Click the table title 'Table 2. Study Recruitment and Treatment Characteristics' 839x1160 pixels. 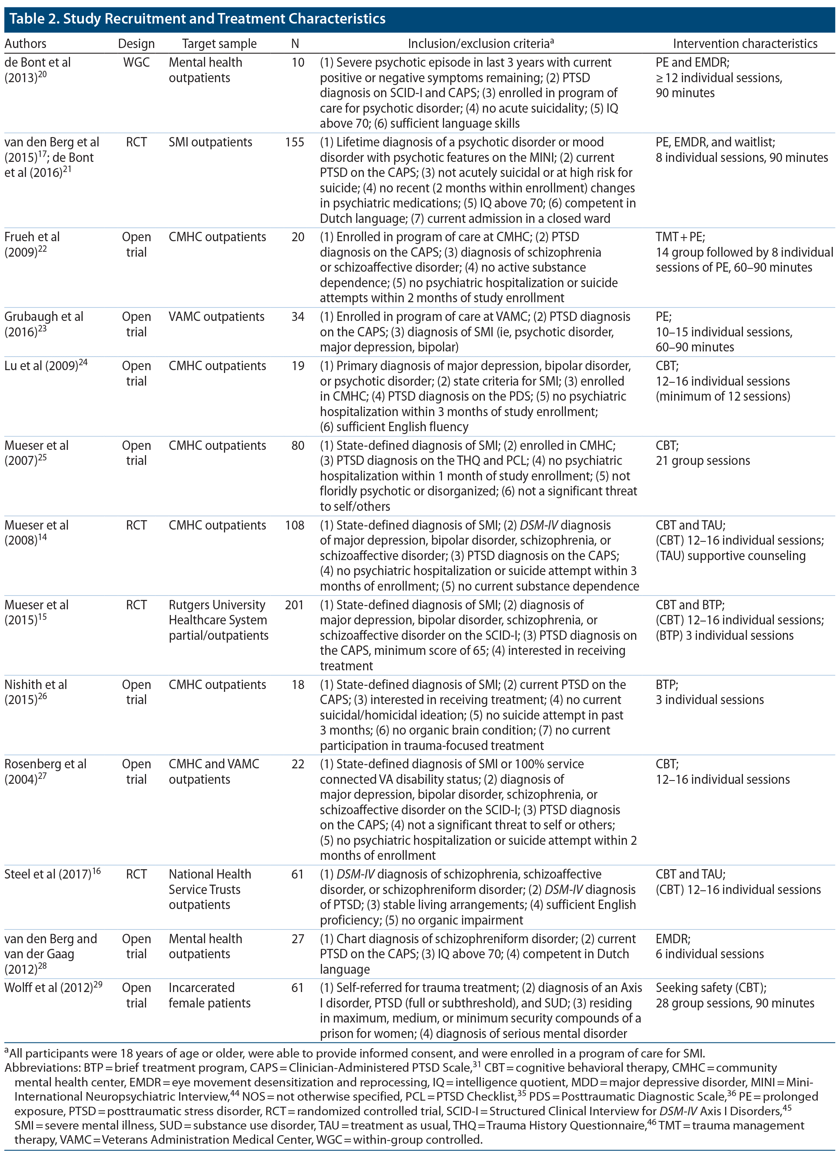coord(197,19)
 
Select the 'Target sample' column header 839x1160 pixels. coord(219,44)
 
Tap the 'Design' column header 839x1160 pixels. coord(136,44)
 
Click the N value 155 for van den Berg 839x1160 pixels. coord(294,142)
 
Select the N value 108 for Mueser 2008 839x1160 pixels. coord(294,525)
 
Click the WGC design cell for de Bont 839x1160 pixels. coord(136,62)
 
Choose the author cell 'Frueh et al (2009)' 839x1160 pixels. coord(32,244)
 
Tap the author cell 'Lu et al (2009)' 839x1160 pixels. coord(46,366)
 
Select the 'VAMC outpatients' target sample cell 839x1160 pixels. coord(217,316)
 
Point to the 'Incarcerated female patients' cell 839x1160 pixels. coord(209,995)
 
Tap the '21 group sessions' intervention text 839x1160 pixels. coord(702,461)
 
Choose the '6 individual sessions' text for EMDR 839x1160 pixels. coord(710,954)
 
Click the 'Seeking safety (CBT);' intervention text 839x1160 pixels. coord(710,988)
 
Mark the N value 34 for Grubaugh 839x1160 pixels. coord(298,316)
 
